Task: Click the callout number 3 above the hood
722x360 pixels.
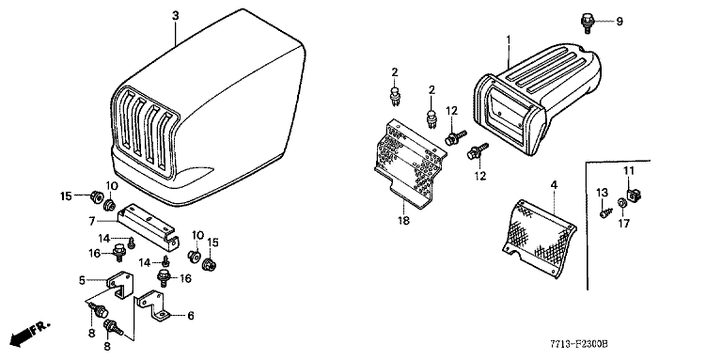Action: (175, 16)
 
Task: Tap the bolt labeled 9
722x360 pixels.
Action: (587, 23)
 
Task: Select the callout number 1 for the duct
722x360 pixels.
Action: (509, 39)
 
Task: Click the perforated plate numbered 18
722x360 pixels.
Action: (411, 164)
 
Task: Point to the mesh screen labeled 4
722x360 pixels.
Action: (539, 237)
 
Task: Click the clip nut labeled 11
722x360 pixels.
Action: (634, 196)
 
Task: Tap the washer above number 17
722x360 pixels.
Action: (621, 202)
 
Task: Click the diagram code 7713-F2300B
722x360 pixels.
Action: (579, 344)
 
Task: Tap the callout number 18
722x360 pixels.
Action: (403, 221)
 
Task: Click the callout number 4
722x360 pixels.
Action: (554, 184)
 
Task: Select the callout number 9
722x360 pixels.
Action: (620, 22)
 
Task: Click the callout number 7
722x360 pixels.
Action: (92, 222)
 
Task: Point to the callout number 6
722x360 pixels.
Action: (190, 316)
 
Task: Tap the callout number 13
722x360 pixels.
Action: (603, 192)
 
